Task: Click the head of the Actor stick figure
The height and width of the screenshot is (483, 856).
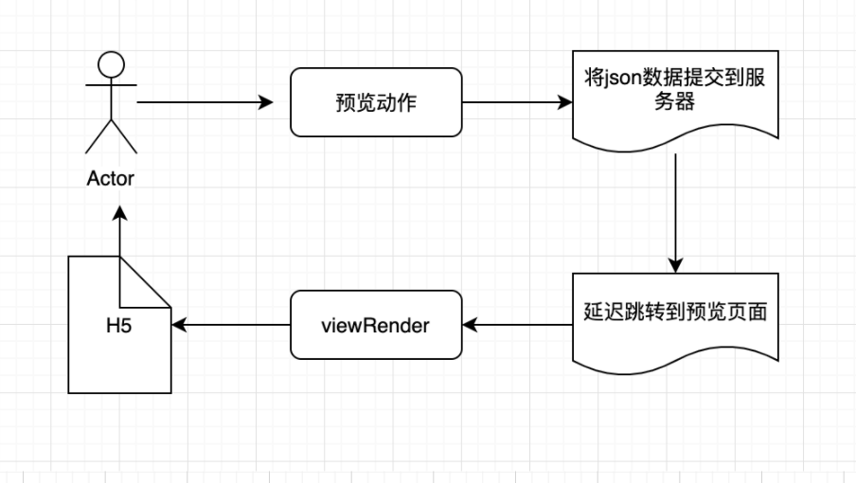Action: coord(112,65)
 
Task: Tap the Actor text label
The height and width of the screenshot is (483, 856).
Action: coord(111,177)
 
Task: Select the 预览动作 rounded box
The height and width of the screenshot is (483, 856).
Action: coord(375,101)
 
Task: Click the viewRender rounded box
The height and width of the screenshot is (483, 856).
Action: coord(375,326)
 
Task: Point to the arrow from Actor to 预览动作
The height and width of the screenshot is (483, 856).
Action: coord(204,101)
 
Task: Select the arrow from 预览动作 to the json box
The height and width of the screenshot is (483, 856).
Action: coord(516,101)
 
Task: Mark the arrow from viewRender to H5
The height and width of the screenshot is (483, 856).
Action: coord(231,326)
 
